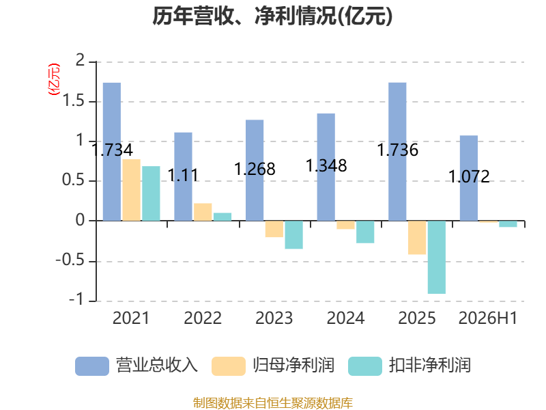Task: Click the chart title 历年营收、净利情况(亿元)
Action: pos(272,16)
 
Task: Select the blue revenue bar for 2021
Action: pos(112,152)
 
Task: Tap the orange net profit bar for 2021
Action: pos(131,190)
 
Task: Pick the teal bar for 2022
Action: pos(222,217)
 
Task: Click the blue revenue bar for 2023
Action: pos(255,170)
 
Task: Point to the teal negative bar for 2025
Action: pos(437,258)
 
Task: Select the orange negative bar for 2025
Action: pos(417,237)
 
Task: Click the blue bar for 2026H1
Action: pos(469,178)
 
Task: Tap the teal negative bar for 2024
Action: pos(365,232)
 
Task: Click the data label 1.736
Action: pos(398,150)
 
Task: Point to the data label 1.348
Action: pos(326,165)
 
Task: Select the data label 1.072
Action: pos(469,176)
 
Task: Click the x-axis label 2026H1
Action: pos(488,318)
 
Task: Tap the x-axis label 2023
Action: pos(274,318)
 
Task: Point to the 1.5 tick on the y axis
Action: pos(73,101)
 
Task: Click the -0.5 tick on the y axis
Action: pos(70,260)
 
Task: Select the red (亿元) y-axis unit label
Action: pos(54,79)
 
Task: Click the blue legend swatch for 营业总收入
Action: pos(92,366)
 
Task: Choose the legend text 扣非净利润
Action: pos(430,366)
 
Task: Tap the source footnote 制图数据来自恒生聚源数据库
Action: pos(272,403)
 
